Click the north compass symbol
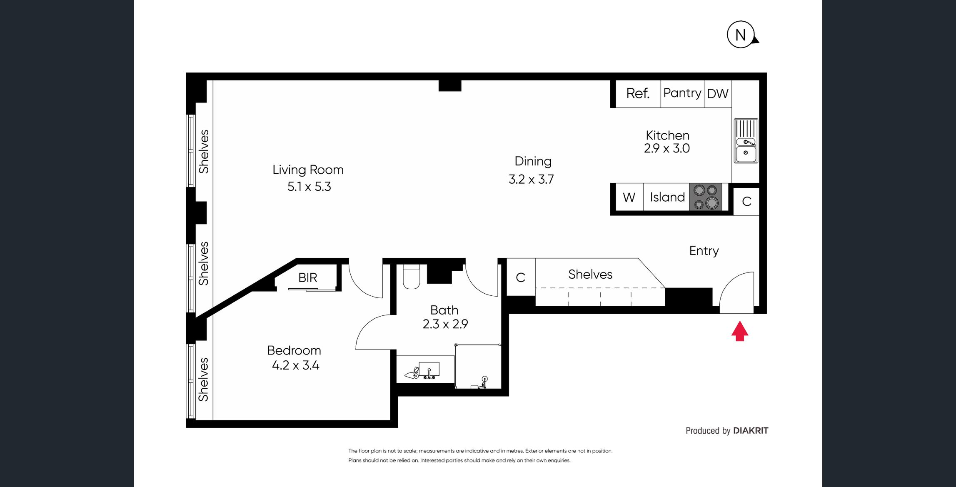[741, 35]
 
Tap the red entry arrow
[740, 331]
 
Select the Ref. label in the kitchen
[638, 93]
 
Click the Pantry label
[682, 93]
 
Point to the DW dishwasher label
[718, 94]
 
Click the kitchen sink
[746, 141]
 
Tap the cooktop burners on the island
[706, 197]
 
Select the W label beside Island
[629, 197]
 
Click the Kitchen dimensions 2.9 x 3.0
[667, 148]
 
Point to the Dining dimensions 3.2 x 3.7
[531, 179]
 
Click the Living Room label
[308, 170]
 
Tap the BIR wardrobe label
[308, 277]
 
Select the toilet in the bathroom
[412, 277]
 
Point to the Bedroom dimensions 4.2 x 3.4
[295, 365]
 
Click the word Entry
[704, 251]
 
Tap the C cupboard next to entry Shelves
[520, 277]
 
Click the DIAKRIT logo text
[751, 431]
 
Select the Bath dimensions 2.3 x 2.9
[445, 324]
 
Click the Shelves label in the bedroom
[203, 380]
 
